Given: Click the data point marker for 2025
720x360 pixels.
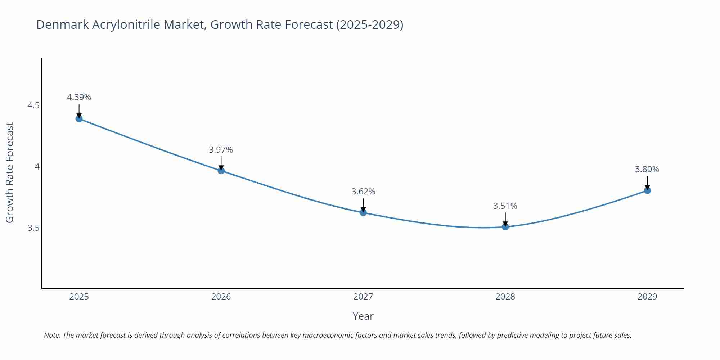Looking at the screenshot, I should [79, 119].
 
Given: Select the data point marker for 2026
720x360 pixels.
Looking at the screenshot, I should [221, 171].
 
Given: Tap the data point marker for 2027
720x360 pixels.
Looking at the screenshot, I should [363, 213].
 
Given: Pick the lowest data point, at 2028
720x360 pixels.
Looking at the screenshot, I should [505, 227].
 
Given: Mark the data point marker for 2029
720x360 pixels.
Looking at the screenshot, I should [647, 190].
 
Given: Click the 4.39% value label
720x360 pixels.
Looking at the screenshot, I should [79, 97].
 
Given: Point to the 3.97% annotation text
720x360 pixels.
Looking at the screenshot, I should [221, 150].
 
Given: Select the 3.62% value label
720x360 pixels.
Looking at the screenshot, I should [363, 192].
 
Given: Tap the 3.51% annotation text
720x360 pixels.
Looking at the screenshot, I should [505, 206].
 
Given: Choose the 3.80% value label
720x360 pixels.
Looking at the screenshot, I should [647, 169].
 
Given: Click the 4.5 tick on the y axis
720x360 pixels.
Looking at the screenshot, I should [33, 106].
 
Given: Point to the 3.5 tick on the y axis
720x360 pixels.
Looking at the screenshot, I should [33, 228].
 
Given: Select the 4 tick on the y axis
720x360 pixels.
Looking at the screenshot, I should [37, 167].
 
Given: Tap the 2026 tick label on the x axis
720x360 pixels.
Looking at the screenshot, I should [221, 297].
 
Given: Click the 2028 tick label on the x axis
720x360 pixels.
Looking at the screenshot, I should [505, 297].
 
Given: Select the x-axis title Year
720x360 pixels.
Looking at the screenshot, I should [363, 316].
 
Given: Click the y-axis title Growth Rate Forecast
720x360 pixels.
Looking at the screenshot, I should [10, 172].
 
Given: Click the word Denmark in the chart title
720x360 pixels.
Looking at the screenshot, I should [63, 24].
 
